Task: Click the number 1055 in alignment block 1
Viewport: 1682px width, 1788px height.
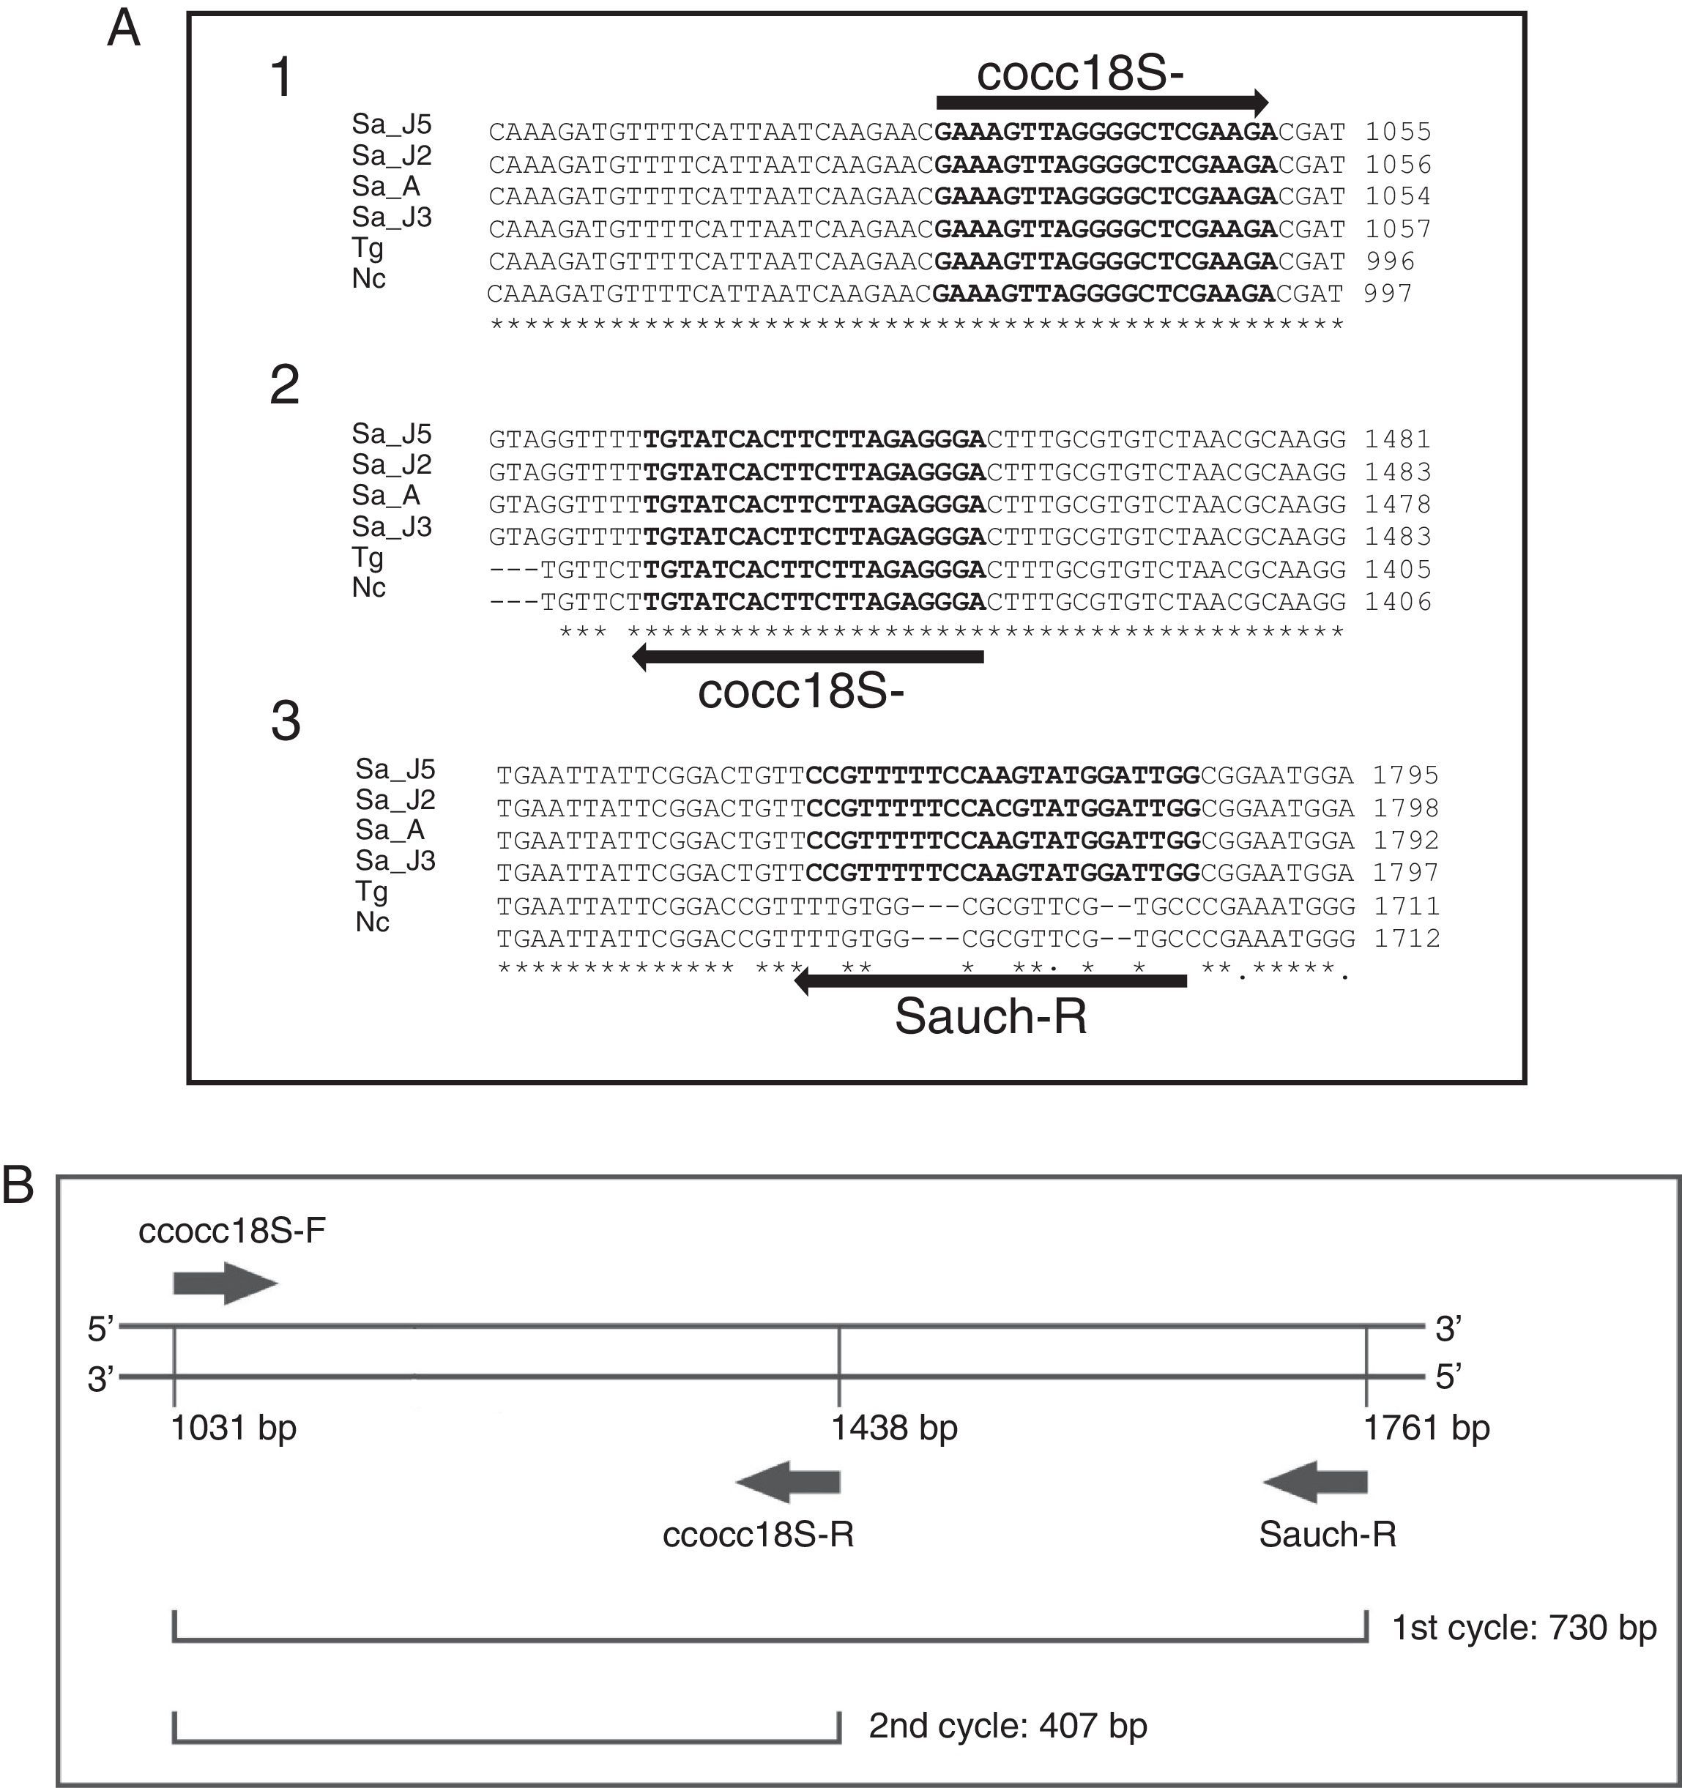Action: pos(1398,133)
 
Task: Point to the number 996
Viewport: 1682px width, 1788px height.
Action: pos(1391,261)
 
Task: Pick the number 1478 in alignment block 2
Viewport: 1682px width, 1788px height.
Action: pos(1398,504)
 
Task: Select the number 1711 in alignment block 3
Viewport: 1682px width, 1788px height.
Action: pos(1407,906)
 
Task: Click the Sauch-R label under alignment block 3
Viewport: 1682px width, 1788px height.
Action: pos(990,1016)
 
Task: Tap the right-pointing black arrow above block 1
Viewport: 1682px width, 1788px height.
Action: pos(1102,102)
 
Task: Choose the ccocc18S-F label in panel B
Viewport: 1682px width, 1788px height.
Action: pos(232,1230)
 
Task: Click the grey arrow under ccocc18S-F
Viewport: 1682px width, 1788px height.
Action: pos(225,1284)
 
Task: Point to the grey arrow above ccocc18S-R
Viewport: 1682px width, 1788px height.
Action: pos(788,1481)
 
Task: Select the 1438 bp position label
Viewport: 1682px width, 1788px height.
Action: pos(894,1427)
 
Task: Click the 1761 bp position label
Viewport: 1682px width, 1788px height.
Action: pos(1426,1427)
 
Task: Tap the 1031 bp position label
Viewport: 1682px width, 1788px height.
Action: pos(234,1427)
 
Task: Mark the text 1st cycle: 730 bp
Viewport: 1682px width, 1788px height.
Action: pos(1524,1628)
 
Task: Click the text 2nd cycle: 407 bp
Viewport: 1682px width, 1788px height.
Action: pos(1008,1726)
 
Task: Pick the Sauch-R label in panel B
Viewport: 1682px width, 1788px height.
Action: pos(1328,1535)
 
